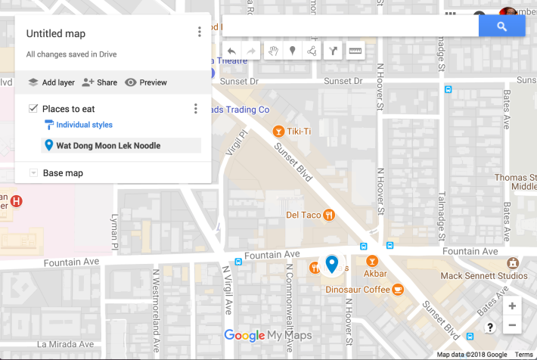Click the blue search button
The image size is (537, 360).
(501, 26)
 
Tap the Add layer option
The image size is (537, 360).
(51, 82)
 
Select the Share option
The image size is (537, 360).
(99, 82)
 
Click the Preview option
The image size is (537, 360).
(146, 82)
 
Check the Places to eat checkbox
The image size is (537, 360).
(33, 109)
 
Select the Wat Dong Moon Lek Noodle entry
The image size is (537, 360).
(108, 146)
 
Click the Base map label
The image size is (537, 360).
(63, 173)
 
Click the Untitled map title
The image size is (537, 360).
(56, 34)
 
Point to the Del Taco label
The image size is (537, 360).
(303, 215)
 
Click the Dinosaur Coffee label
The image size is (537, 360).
(358, 289)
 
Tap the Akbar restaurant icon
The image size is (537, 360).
(371, 261)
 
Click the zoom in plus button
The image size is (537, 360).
(512, 306)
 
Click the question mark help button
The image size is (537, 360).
(490, 327)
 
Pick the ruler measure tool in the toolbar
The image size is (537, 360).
(355, 51)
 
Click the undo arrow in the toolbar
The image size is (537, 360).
(231, 51)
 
